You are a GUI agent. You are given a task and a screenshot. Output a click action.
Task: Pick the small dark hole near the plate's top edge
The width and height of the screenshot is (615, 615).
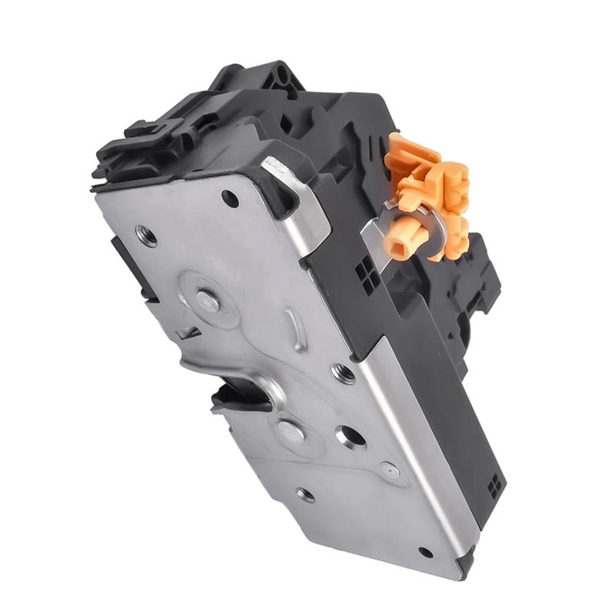[229, 198]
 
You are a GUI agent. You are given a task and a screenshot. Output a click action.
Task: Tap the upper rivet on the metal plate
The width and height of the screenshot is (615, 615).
[207, 301]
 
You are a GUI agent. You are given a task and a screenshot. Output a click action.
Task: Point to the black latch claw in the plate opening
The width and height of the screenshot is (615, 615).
[234, 394]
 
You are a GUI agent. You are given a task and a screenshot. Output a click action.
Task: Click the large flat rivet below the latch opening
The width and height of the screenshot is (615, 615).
[291, 430]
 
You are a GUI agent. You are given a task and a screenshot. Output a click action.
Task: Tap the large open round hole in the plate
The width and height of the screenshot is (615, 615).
[350, 437]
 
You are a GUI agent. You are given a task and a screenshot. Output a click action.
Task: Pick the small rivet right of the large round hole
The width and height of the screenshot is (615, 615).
[390, 469]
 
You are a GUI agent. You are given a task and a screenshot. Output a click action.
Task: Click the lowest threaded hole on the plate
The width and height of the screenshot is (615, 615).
[305, 494]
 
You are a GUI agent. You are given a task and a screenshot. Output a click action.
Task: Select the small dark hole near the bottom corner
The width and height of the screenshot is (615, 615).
[426, 552]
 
